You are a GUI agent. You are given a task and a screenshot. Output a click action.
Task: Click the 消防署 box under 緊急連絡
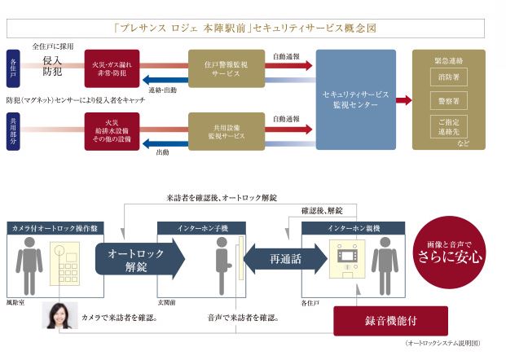[x=447, y=77]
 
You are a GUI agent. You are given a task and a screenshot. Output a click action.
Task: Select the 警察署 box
[x=447, y=101]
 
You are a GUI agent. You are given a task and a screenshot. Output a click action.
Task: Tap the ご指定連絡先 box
[x=447, y=126]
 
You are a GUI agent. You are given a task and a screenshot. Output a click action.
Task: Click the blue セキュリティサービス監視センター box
[x=355, y=99]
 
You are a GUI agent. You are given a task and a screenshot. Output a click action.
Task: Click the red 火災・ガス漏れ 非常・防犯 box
[x=112, y=68]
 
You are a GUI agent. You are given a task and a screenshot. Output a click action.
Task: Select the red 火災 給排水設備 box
[x=112, y=132]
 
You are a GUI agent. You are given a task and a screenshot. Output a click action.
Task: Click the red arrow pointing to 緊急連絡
[x=403, y=100]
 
